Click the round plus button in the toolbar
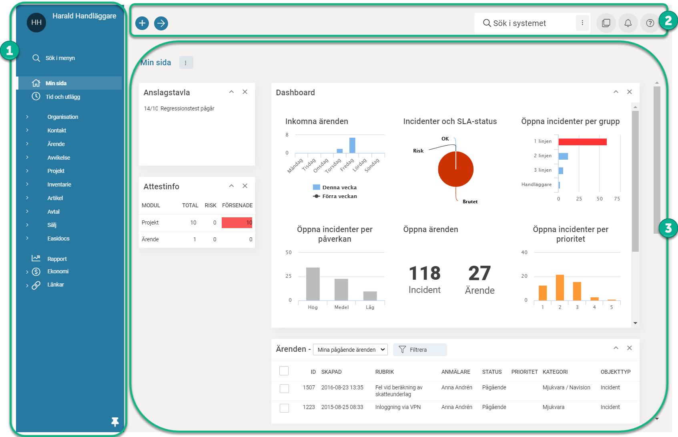point(142,23)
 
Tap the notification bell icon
point(628,23)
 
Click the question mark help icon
point(650,23)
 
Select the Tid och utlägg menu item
point(63,97)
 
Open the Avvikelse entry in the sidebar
point(59,158)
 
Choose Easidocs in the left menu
point(58,239)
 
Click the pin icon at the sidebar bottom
point(115,422)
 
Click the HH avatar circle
point(36,22)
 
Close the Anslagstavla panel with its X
point(245,92)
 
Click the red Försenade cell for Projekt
point(237,223)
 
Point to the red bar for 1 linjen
point(582,142)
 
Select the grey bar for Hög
point(313,284)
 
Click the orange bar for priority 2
point(560,287)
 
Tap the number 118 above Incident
point(425,273)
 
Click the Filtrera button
point(419,350)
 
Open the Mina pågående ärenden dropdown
point(350,350)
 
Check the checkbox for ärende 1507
point(284,388)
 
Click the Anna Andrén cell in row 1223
point(457,407)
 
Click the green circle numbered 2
point(668,20)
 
